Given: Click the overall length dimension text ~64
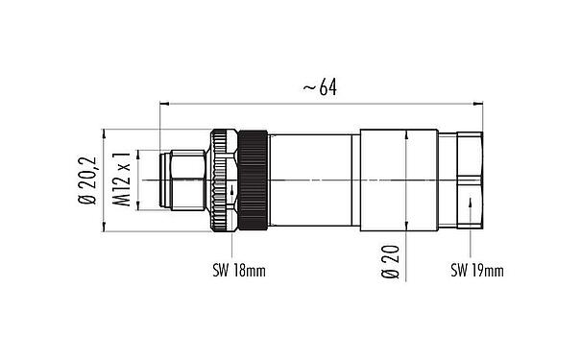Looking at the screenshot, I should tap(321, 88).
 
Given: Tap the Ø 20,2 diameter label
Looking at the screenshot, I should tap(89, 180).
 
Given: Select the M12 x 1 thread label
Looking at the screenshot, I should tap(123, 180).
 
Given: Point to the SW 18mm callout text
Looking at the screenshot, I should tap(239, 272).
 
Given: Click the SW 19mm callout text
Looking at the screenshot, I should tap(477, 272).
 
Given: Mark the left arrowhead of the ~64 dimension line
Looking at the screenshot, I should tap(165, 101).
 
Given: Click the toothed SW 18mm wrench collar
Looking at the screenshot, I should tap(223, 180).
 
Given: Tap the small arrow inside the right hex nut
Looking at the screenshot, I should tap(470, 201).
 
